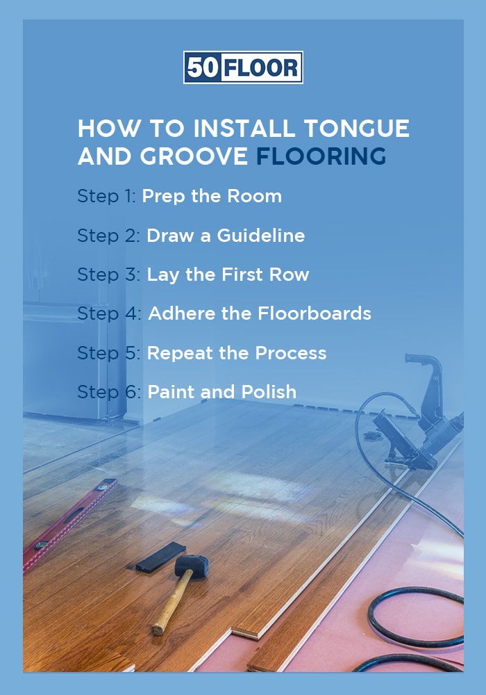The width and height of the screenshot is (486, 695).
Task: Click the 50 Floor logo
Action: click(243, 67)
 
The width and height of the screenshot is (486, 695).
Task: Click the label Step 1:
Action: click(107, 197)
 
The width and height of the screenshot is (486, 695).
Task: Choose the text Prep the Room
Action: click(212, 197)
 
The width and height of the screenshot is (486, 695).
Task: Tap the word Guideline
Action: click(260, 236)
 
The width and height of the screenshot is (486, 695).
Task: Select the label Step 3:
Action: click(109, 275)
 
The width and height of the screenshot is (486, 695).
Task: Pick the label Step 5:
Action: click(109, 353)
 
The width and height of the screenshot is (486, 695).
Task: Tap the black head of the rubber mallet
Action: click(191, 565)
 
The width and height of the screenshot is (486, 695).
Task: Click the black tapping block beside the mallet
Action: click(160, 556)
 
